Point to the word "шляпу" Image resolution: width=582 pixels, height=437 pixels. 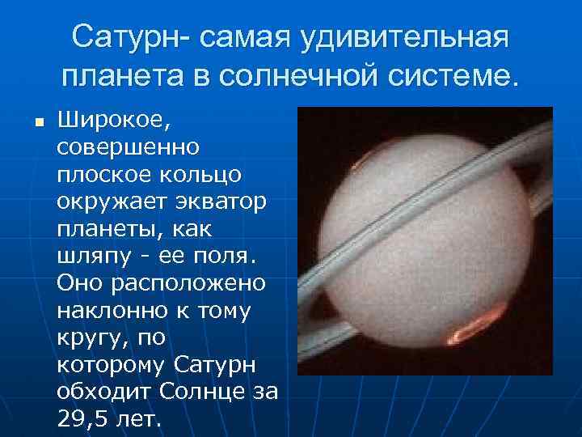click(x=93, y=257)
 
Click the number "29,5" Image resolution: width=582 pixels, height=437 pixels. click(x=82, y=419)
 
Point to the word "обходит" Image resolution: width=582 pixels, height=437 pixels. click(x=104, y=392)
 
